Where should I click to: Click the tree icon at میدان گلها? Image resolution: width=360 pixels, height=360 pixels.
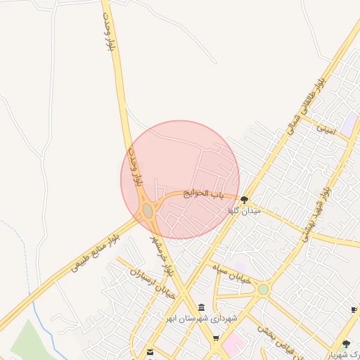(244, 200)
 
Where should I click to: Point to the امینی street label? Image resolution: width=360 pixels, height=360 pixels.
(326, 129)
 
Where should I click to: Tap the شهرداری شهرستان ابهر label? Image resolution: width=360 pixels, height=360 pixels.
(207, 319)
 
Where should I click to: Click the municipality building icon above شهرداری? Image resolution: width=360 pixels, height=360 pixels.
(202, 309)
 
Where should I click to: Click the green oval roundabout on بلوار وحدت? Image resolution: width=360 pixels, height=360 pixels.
(148, 211)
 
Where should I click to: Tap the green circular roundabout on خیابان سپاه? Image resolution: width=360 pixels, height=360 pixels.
(263, 289)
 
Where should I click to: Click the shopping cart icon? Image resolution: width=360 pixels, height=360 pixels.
(216, 338)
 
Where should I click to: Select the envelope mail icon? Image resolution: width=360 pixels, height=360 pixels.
(150, 351)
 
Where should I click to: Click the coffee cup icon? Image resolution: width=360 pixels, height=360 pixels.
(354, 309)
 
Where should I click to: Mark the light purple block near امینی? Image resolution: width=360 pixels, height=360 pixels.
(349, 122)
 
